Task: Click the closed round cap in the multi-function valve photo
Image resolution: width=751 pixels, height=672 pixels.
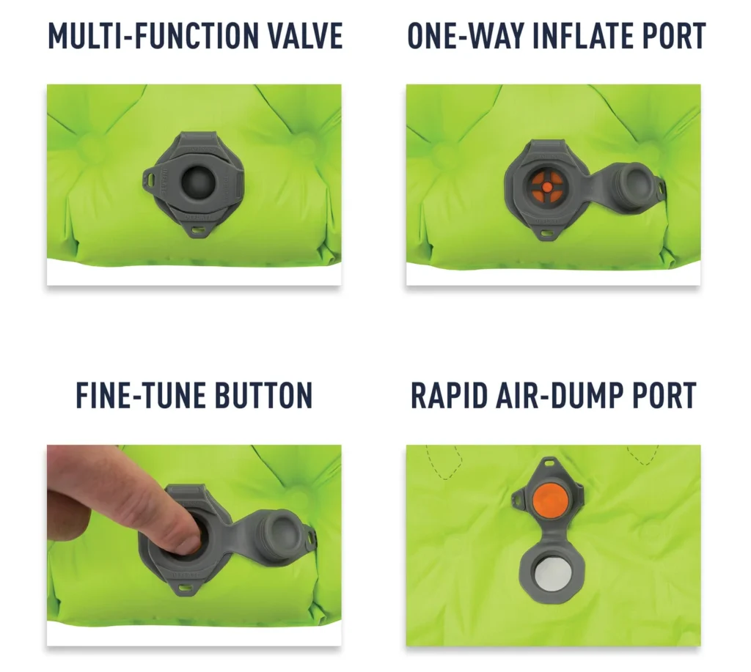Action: [x=196, y=177]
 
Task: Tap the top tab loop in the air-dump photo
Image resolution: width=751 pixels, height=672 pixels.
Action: [x=549, y=463]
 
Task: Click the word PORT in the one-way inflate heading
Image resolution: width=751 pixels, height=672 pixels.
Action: [x=673, y=36]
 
